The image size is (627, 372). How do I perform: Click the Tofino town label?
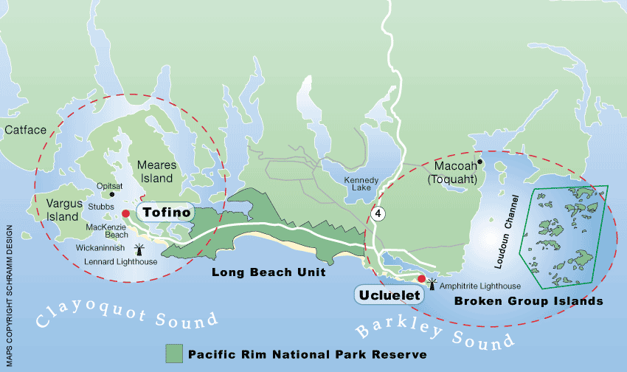167,213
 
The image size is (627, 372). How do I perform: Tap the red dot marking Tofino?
126,213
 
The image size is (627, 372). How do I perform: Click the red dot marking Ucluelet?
421,279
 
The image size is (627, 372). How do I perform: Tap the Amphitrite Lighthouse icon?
432,283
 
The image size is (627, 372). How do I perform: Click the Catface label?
25,130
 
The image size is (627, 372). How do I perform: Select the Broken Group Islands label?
529,301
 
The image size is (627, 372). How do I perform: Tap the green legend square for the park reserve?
174,353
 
